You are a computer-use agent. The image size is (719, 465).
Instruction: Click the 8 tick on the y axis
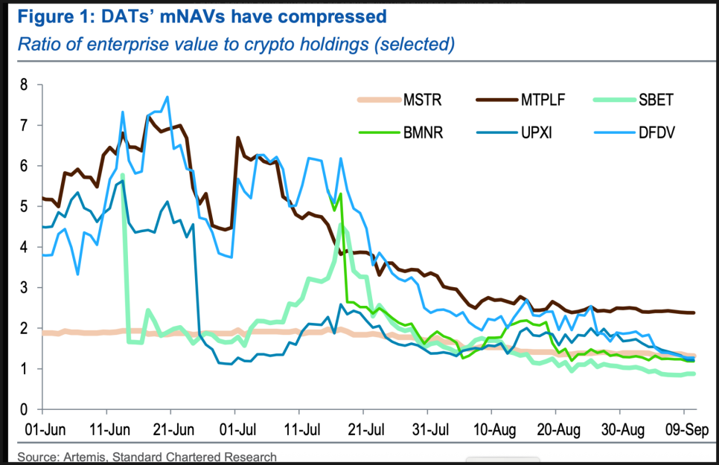[23, 85]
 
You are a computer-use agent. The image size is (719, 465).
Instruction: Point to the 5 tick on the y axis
[23, 206]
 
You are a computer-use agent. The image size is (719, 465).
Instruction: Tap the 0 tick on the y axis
[23, 410]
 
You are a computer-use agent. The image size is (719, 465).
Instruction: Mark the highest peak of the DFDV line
[167, 97]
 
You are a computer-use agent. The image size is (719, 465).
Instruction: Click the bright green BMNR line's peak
[340, 194]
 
